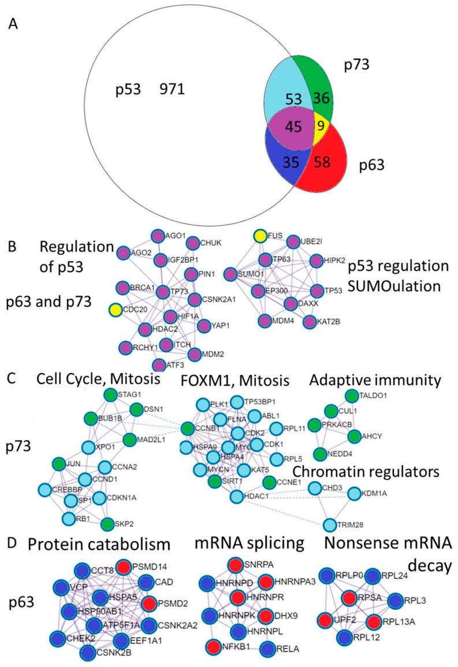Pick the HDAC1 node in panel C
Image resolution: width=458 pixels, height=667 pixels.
tap(236, 496)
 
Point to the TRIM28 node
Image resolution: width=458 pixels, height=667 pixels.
tap(329, 524)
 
